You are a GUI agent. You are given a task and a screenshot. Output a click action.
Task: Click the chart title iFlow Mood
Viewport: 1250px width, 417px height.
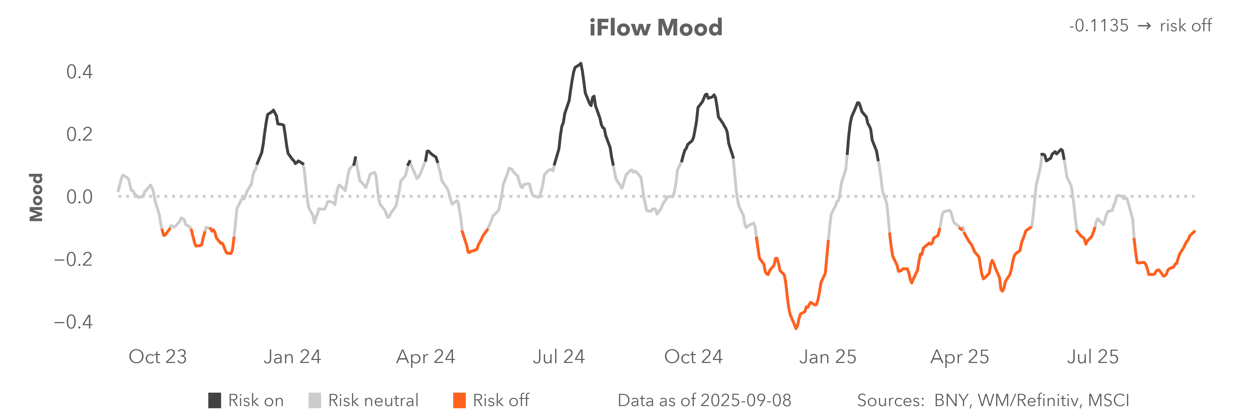point(656,28)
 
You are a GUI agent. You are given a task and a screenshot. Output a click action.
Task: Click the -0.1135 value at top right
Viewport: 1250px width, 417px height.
point(1099,26)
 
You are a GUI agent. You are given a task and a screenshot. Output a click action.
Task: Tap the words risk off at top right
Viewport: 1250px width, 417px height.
point(1185,26)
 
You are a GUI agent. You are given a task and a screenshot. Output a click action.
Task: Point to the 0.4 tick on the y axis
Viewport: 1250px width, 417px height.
point(79,72)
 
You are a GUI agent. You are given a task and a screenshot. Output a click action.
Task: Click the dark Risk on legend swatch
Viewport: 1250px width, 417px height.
point(215,401)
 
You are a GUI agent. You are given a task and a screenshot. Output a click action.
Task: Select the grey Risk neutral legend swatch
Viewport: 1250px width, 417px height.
point(314,401)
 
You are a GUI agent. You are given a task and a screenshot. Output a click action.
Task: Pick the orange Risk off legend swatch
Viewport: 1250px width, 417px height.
point(459,401)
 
